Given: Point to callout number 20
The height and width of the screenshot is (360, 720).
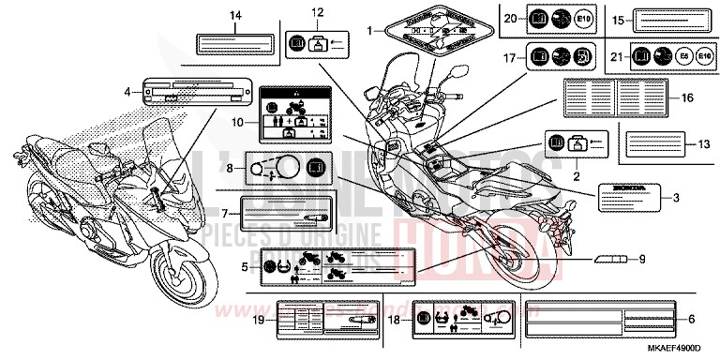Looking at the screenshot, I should [508, 19].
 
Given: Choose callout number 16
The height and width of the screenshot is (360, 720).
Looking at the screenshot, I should [687, 97].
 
